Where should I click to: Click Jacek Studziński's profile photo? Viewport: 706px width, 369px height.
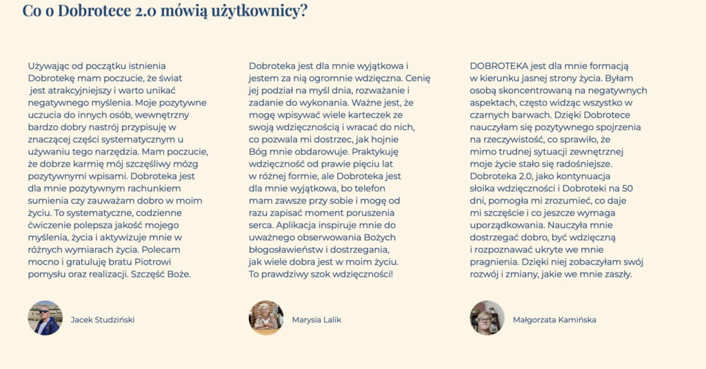[45, 318]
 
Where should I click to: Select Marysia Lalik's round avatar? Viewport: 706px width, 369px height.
[266, 318]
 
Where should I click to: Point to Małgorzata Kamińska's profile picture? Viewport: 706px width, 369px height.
[487, 318]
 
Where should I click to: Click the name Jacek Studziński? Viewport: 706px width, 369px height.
[103, 320]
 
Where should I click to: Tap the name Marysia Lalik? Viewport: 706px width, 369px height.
[316, 320]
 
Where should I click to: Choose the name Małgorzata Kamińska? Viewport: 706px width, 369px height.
[554, 320]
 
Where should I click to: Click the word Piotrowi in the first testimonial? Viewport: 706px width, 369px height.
[151, 262]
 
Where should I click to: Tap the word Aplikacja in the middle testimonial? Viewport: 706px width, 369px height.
[295, 225]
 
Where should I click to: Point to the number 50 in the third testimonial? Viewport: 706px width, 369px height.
[627, 188]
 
